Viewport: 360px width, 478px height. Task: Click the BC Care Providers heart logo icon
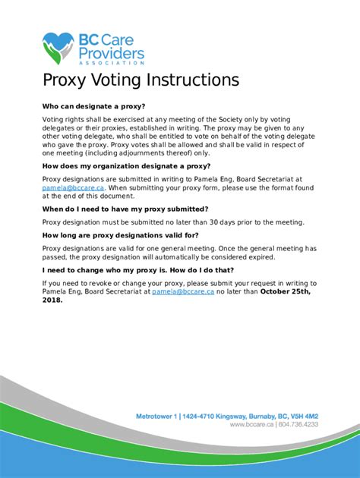[x=58, y=46]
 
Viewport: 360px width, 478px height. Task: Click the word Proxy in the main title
[x=69, y=80]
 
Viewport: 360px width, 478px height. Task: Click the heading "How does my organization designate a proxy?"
[x=126, y=165]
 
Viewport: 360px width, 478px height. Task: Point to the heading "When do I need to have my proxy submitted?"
[x=125, y=208]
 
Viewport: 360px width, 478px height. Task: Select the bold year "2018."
[x=53, y=300]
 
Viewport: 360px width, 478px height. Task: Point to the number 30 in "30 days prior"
[x=204, y=222]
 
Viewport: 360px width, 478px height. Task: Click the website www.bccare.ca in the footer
[x=256, y=426]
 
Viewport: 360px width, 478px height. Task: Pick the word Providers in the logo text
[x=111, y=52]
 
